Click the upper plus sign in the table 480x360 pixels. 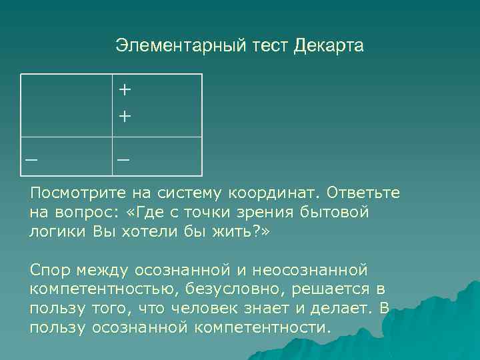(125, 89)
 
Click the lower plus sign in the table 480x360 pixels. (125, 116)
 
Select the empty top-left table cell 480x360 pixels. (65, 105)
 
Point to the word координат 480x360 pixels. (275, 193)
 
